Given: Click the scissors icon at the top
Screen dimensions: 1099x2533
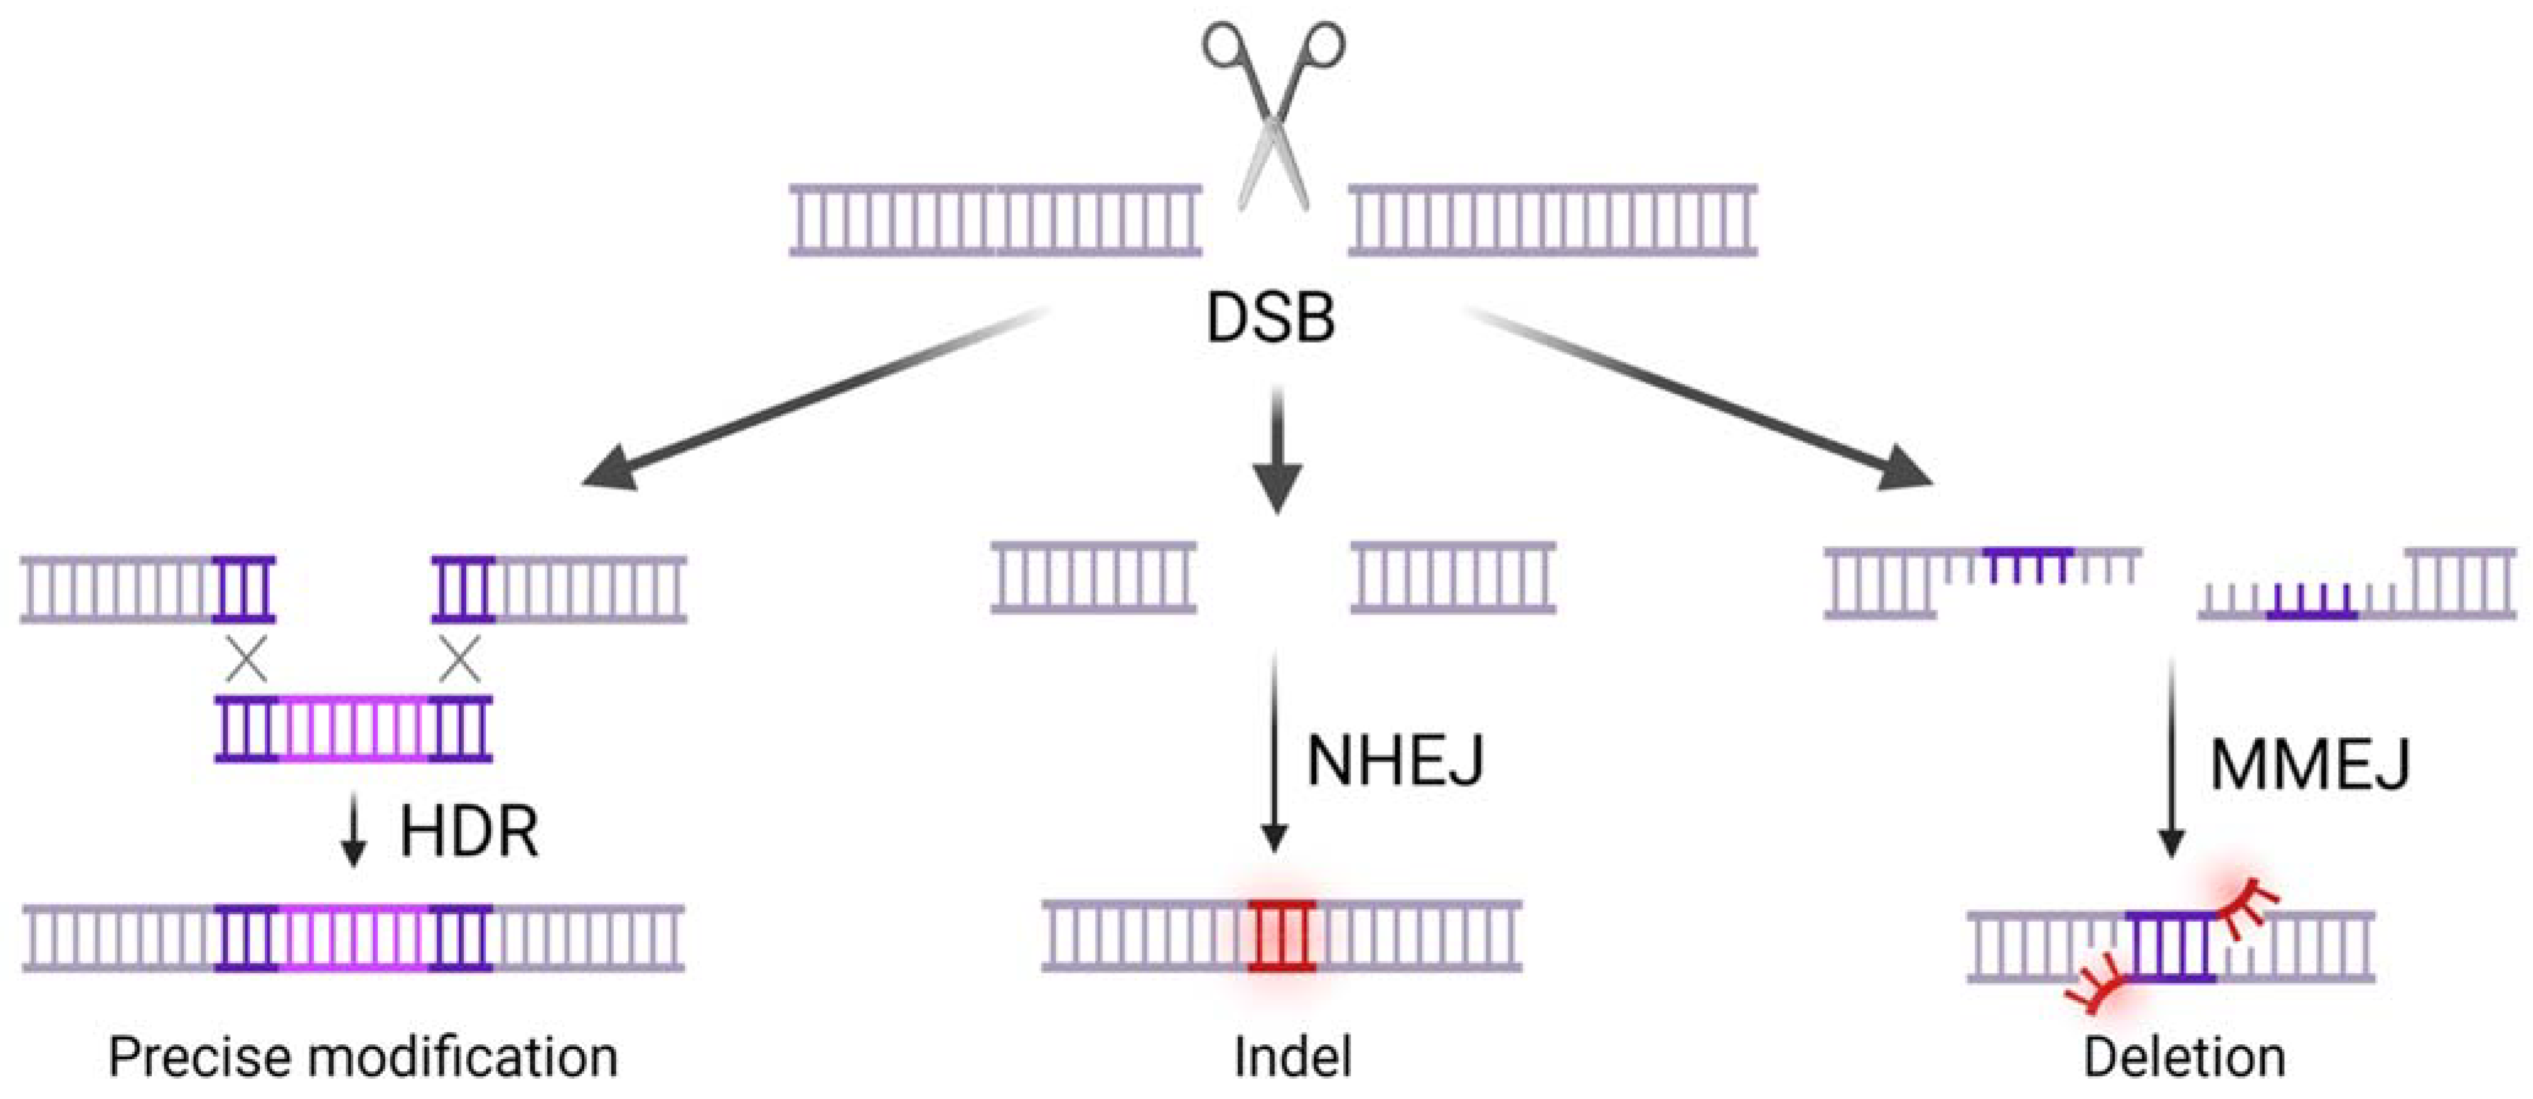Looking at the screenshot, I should [x=1273, y=113].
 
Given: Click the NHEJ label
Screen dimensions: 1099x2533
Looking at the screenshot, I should [x=1394, y=760].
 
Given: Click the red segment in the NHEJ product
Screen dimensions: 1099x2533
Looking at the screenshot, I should [x=1281, y=936].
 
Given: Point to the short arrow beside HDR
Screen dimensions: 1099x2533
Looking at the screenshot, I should [x=353, y=836].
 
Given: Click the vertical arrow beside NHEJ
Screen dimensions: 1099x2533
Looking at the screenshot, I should [x=1274, y=752].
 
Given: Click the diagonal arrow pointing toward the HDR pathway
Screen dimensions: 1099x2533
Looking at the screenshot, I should [x=816, y=398].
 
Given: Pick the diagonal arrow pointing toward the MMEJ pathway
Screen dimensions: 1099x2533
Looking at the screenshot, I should [x=1701, y=398].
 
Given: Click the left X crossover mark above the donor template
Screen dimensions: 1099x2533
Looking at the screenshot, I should [x=246, y=659].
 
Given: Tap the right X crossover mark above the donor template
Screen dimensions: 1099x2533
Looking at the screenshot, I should [x=459, y=659].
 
